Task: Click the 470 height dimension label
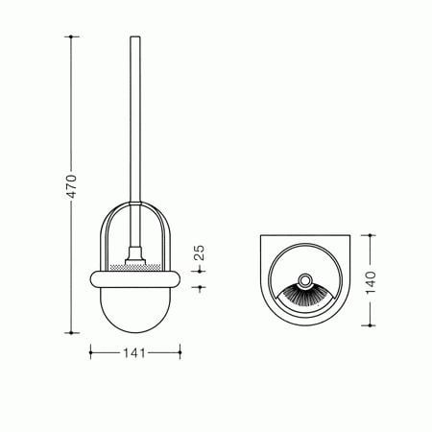point(71,186)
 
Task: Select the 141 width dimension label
point(134,353)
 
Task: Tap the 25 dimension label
point(199,252)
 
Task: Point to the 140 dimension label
point(371,282)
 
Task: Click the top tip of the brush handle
point(135,37)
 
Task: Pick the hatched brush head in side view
point(135,267)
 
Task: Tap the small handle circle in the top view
point(304,280)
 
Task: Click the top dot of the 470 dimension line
point(71,36)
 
